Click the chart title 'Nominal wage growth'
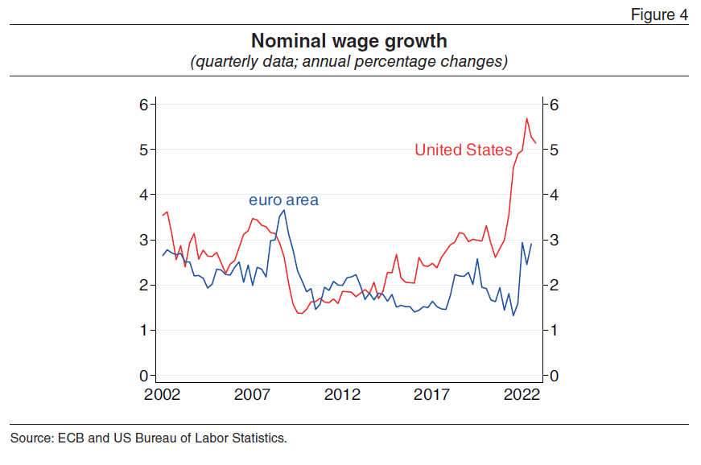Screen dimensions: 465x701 point(348,40)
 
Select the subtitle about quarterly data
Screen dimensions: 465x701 point(348,61)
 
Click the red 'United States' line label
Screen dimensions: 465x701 point(463,150)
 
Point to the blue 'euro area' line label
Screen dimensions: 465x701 point(283,200)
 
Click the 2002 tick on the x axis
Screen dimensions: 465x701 point(163,395)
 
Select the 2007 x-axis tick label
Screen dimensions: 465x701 point(252,395)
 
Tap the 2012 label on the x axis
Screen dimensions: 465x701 point(342,395)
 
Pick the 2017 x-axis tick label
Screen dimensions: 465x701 point(432,395)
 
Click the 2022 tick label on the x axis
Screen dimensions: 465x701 point(522,395)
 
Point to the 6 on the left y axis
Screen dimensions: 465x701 point(142,105)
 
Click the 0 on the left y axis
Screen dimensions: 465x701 point(142,376)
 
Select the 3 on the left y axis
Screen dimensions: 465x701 point(142,241)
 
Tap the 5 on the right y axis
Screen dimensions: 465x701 point(554,150)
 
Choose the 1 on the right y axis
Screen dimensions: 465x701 point(554,331)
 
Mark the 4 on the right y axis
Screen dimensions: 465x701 point(554,195)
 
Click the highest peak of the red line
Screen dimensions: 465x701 point(527,118)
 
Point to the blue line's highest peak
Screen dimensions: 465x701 point(284,210)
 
